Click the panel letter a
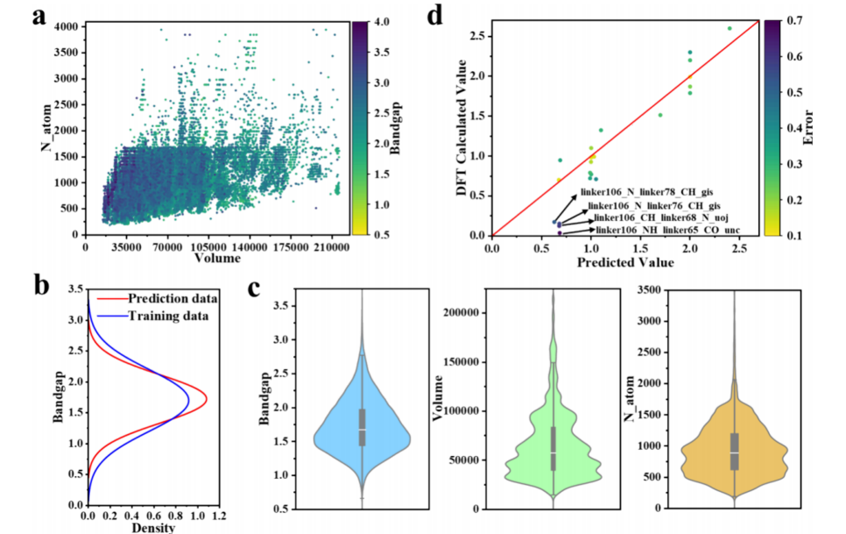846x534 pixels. pos(39,17)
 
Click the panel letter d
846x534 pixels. pos(458,17)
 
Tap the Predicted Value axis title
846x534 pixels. pos(625,262)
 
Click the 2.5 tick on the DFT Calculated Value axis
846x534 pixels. pos(478,36)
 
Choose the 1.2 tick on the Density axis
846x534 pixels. pos(219,516)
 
